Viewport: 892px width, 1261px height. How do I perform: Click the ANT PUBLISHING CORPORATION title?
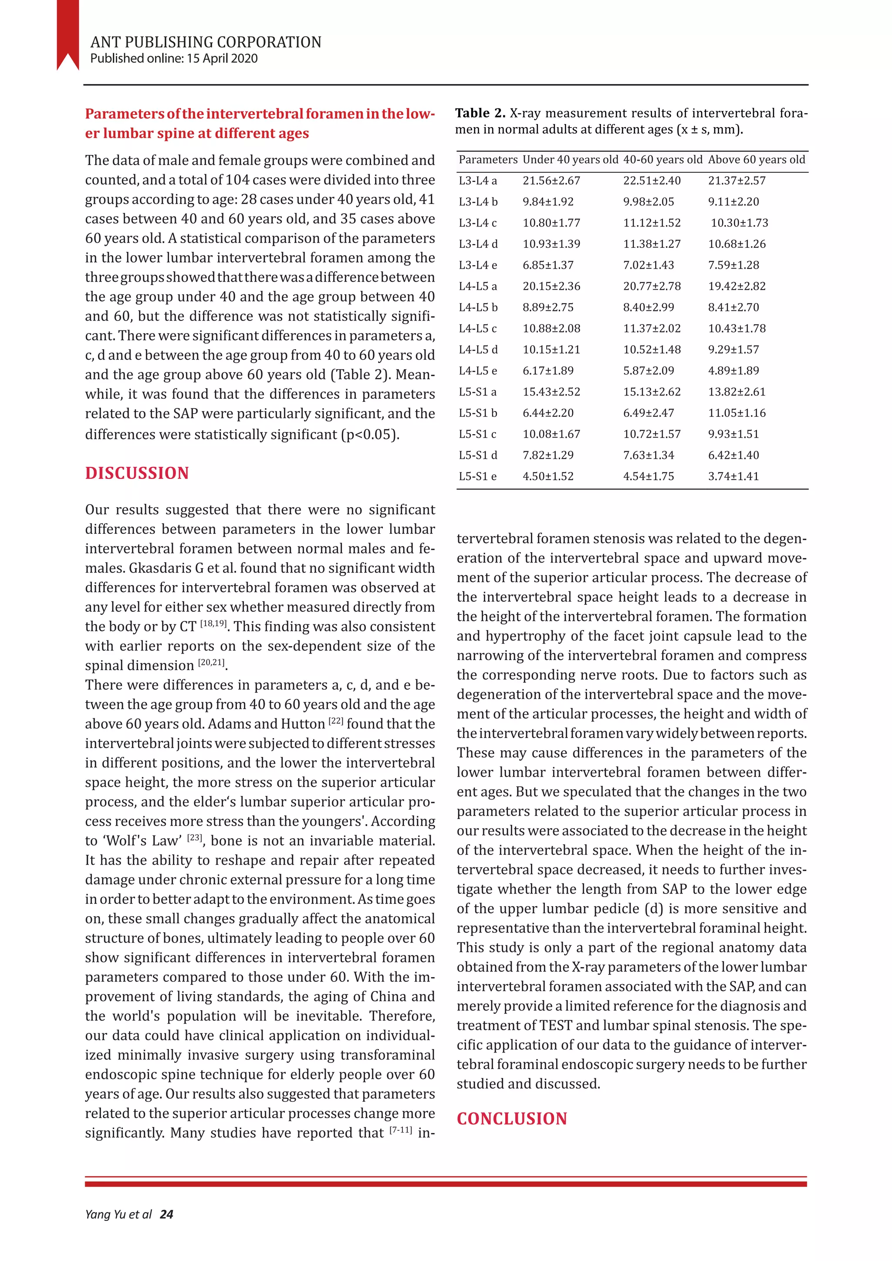(206, 42)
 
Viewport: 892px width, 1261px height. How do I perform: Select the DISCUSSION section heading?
(137, 473)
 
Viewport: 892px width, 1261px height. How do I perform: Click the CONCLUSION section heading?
(511, 1119)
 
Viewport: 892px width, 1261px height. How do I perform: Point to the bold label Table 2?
(480, 113)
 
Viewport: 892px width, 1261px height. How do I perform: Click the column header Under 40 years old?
(570, 160)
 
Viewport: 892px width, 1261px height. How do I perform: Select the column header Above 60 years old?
(757, 160)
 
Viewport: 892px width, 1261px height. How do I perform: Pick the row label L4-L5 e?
(478, 371)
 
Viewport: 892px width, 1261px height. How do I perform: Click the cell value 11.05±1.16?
(737, 413)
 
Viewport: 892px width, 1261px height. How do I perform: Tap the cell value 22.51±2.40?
(652, 181)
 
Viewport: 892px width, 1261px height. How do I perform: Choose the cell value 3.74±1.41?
(733, 476)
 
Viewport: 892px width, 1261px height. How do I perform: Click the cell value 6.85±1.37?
(547, 265)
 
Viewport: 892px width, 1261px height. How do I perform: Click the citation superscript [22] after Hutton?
(336, 721)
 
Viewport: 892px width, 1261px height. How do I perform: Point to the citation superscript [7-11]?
(400, 1130)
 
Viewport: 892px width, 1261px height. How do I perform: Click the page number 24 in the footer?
(166, 1214)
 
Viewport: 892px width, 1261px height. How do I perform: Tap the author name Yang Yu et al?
(118, 1214)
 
